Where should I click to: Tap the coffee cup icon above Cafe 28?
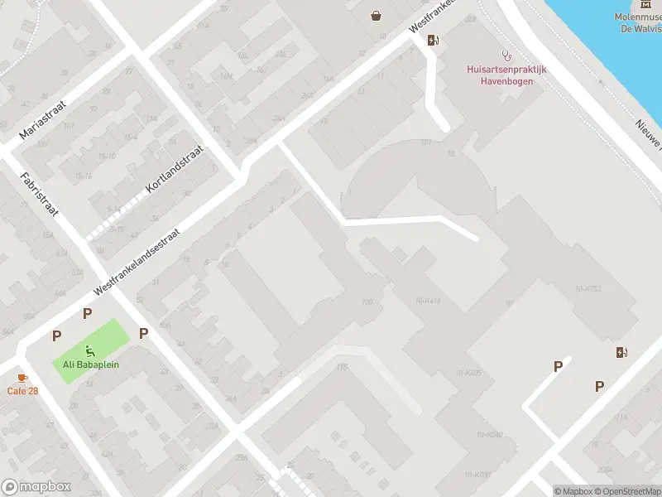click(x=22, y=378)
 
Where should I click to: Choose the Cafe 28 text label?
click(x=22, y=391)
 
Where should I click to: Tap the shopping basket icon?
click(x=377, y=15)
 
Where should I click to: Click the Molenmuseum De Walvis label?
click(x=637, y=22)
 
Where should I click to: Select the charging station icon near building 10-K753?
click(x=621, y=352)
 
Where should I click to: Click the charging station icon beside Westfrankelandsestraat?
click(x=433, y=40)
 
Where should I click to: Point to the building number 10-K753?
click(x=586, y=288)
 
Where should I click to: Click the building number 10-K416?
click(x=429, y=301)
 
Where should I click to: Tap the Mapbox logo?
click(x=36, y=487)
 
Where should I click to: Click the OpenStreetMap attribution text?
click(x=626, y=491)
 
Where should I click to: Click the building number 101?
click(x=426, y=142)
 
